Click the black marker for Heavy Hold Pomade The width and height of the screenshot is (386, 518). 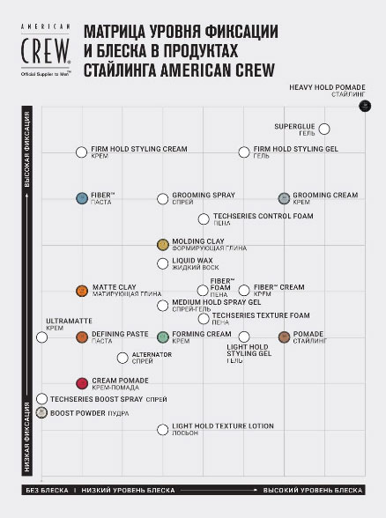(366, 107)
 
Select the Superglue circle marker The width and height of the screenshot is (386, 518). (325, 129)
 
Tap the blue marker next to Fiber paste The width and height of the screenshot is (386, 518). (82, 198)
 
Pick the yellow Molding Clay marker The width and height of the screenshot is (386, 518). (163, 244)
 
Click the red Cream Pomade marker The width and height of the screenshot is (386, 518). (82, 383)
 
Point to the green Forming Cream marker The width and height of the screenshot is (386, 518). (163, 337)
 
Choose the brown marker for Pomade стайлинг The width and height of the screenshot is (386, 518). (285, 337)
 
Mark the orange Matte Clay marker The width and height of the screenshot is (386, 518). (82, 291)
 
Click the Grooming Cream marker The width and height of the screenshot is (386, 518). (285, 198)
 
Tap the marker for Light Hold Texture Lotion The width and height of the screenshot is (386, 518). (163, 430)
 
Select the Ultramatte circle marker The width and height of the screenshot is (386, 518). (41, 337)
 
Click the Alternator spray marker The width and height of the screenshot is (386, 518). (122, 358)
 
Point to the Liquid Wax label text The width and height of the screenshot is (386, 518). (192, 261)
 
